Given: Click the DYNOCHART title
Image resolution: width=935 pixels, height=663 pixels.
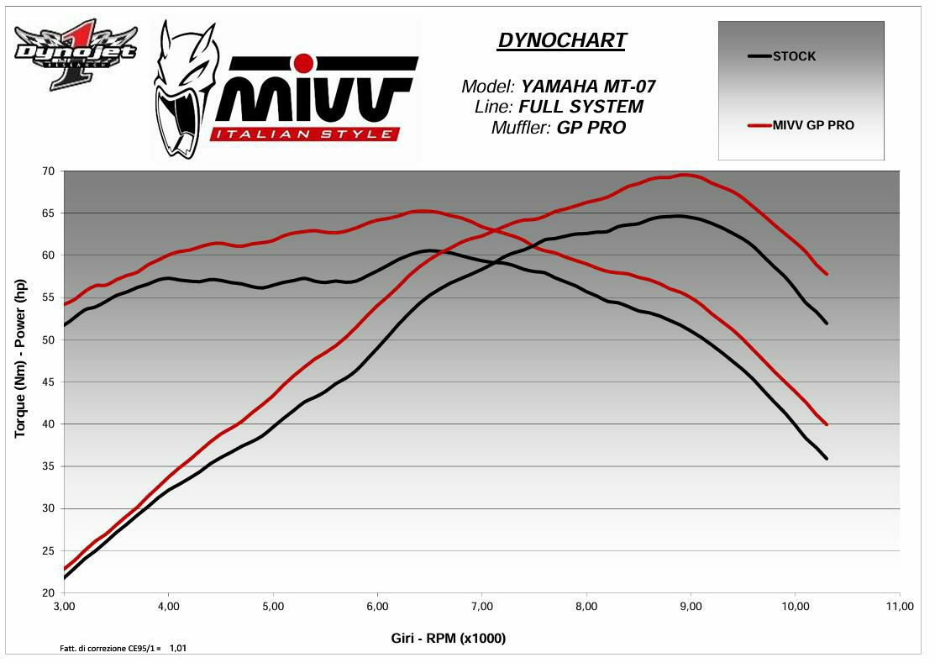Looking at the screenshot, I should tap(562, 40).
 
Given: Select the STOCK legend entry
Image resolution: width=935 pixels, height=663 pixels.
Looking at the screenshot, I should tap(793, 56).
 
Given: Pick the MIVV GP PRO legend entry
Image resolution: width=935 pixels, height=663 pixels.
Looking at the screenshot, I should tap(812, 126).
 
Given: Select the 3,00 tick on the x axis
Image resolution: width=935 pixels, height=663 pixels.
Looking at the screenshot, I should tap(64, 606).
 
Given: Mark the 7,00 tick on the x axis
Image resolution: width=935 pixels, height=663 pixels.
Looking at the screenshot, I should tap(482, 606).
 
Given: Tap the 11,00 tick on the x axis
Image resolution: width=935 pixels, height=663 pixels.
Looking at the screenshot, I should tap(900, 606).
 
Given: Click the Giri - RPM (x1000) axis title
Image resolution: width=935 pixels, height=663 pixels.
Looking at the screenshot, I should tap(449, 638).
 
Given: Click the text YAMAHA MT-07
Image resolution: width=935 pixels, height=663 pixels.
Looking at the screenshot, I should tap(588, 86).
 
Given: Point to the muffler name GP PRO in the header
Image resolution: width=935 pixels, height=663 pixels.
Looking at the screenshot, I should tap(591, 128).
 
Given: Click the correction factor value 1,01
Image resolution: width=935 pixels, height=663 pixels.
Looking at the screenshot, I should tap(178, 648).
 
